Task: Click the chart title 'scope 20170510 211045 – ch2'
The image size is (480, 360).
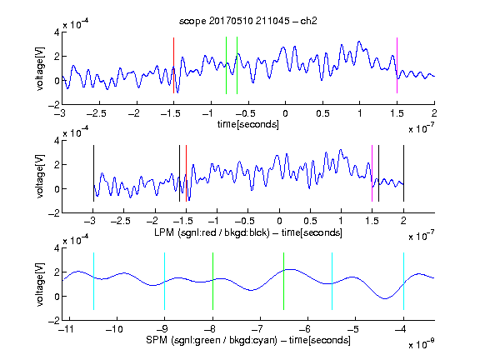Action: [248, 21]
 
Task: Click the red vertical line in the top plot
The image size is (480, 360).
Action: [173, 65]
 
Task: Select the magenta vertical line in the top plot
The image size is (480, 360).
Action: [397, 65]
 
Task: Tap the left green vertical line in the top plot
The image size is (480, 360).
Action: [226, 65]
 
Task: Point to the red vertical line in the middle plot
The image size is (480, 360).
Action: [186, 173]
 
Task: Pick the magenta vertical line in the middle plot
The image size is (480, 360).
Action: [372, 173]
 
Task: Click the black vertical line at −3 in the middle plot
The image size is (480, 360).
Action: [93, 173]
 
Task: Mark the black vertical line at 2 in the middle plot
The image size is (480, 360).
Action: [403, 173]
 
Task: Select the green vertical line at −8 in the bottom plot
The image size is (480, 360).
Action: [212, 281]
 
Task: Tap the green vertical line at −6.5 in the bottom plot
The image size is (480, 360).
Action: [284, 281]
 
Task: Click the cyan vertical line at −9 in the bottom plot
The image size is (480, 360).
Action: [164, 281]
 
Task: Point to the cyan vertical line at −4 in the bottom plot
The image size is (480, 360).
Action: [403, 281]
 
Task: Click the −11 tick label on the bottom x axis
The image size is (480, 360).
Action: [66, 329]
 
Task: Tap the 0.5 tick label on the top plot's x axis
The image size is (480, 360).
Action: [322, 113]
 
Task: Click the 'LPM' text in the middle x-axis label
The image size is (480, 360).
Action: [164, 232]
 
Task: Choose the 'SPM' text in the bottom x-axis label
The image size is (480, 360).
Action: [157, 340]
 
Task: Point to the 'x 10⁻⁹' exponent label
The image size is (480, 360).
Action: [422, 344]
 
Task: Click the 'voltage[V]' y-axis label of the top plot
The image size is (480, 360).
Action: [40, 68]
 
